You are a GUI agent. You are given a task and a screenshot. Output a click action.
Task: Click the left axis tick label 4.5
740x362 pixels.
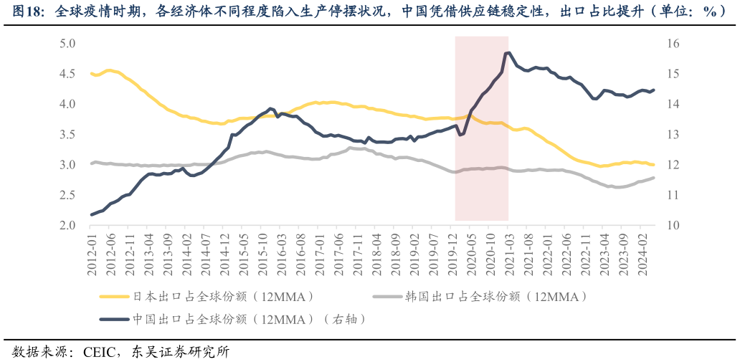68,74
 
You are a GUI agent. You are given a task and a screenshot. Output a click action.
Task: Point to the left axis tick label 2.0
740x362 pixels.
68,226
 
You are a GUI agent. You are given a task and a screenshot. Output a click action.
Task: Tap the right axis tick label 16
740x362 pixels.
672,44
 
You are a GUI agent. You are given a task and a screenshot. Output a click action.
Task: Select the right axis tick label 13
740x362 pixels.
672,135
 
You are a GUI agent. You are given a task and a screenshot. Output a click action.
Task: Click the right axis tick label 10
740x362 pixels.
672,226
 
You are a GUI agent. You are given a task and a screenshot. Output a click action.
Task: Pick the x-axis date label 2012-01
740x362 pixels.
92,254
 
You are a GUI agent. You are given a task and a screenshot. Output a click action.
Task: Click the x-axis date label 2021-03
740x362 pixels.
508,254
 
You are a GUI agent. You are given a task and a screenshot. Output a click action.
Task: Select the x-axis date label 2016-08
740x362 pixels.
300,254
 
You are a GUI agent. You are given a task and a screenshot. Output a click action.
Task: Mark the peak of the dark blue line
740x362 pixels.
508,52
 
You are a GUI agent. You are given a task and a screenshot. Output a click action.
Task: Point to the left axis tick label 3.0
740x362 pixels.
68,165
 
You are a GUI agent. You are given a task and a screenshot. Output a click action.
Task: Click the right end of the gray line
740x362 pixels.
653,178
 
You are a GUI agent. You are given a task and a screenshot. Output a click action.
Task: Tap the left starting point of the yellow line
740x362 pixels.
92,73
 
